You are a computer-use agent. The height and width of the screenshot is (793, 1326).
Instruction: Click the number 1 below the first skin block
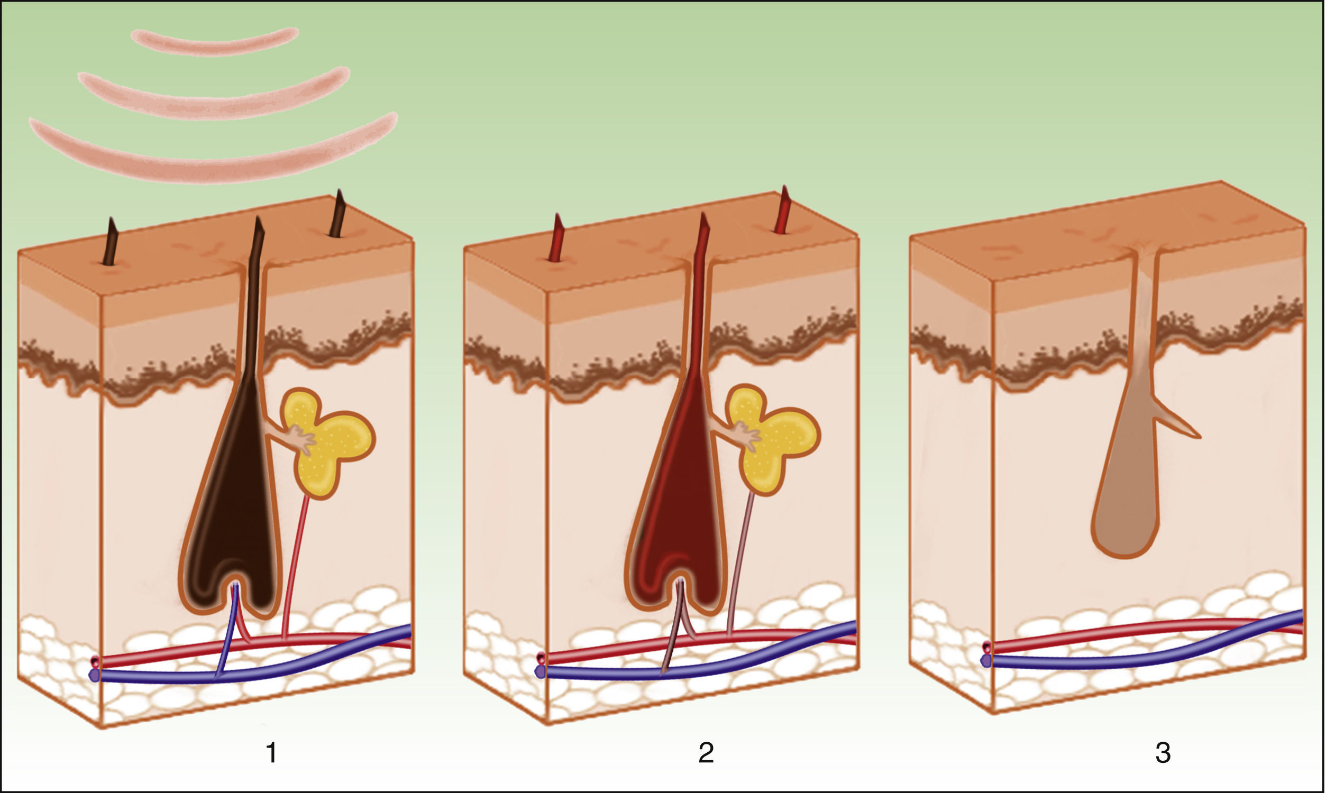(271, 753)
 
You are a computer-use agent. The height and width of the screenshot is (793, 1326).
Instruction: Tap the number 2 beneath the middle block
(706, 753)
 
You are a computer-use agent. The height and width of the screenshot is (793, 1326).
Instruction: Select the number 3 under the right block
(1163, 753)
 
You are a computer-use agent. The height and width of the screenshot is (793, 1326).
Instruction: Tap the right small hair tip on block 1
(338, 214)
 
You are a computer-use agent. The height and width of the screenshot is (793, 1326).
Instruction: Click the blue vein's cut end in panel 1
(95, 676)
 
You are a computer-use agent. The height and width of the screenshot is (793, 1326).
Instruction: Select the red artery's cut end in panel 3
(986, 648)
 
